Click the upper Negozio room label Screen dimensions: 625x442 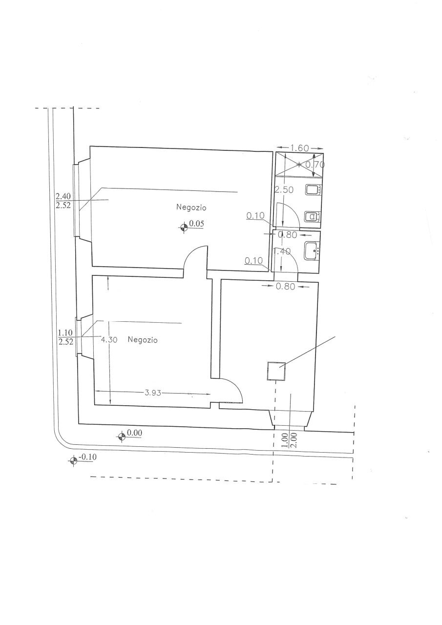(191, 208)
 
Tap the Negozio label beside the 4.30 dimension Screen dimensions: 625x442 (143, 340)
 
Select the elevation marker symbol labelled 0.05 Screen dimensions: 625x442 (184, 226)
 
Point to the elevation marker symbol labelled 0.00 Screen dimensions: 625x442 (122, 436)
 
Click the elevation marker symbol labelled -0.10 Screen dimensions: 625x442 (73, 460)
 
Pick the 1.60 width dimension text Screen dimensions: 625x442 (299, 148)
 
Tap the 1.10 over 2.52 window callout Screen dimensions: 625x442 (65, 337)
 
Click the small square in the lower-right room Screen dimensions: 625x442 (276, 371)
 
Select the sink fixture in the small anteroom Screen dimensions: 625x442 (311, 251)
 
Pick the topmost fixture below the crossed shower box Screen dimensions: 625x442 (312, 190)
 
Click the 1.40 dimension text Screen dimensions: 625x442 (283, 251)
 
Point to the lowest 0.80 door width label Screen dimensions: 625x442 (285, 287)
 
